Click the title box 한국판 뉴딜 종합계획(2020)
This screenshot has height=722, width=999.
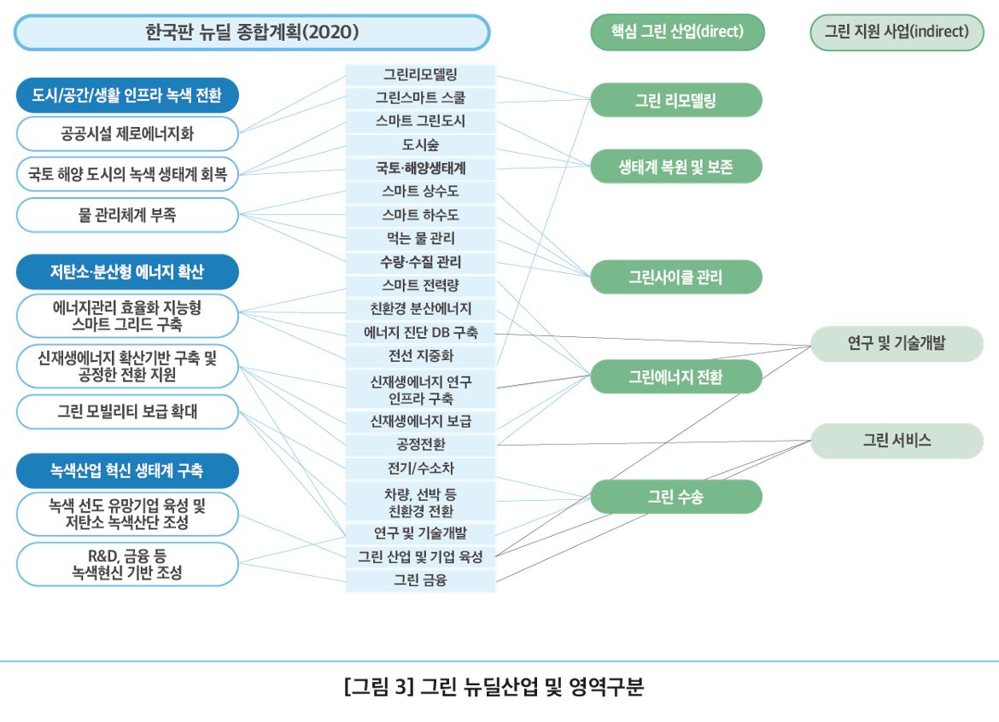pyautogui.click(x=252, y=32)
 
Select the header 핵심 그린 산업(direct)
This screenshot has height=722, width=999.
pyautogui.click(x=677, y=32)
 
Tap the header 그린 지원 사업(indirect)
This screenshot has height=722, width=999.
pyautogui.click(x=897, y=32)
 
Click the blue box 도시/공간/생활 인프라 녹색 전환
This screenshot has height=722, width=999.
pyautogui.click(x=126, y=96)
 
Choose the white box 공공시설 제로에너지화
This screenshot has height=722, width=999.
pyautogui.click(x=126, y=134)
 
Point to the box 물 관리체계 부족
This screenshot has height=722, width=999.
pyautogui.click(x=126, y=215)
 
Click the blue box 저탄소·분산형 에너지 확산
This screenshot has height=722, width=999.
pyautogui.click(x=126, y=272)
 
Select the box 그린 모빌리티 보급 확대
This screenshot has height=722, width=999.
pyautogui.click(x=126, y=412)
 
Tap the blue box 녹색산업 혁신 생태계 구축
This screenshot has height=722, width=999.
pyautogui.click(x=126, y=470)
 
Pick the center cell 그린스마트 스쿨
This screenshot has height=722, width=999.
pyautogui.click(x=421, y=97)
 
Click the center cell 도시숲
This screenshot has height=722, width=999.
pyautogui.click(x=421, y=144)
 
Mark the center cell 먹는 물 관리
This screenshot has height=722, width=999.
pyautogui.click(x=421, y=238)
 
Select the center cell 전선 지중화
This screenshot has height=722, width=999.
pyautogui.click(x=421, y=354)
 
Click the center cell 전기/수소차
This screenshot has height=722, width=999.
pyautogui.click(x=421, y=469)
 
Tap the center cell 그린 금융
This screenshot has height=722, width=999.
pyautogui.click(x=421, y=581)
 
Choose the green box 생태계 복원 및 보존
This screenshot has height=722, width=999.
pyautogui.click(x=675, y=166)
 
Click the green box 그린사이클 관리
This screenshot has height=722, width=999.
pyautogui.click(x=675, y=277)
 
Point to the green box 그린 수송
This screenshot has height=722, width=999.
pyautogui.click(x=675, y=497)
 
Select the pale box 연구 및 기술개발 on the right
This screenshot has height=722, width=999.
pyautogui.click(x=897, y=344)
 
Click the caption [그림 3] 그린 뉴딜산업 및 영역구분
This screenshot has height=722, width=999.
pyautogui.click(x=494, y=687)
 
